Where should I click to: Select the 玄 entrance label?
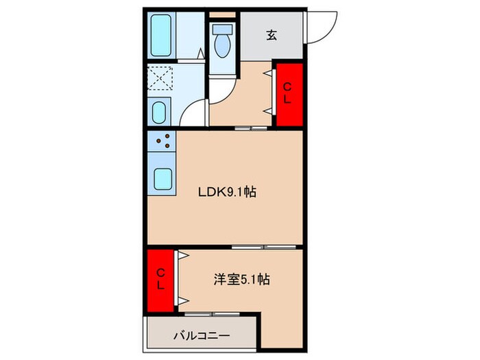(272, 35)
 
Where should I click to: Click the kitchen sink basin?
(163, 180)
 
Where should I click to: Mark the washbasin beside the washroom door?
(160, 111)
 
